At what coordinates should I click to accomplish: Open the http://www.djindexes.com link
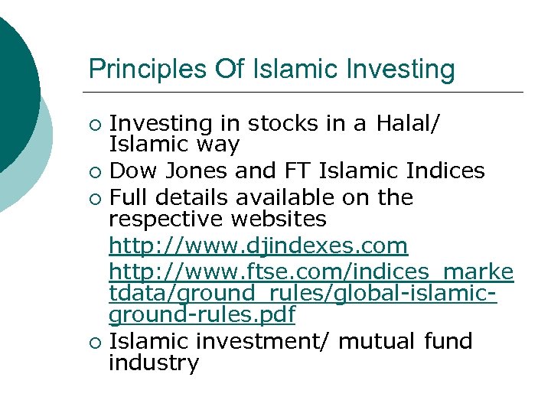259,246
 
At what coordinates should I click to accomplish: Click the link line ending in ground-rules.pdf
202,314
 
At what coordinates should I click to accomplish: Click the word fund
449,341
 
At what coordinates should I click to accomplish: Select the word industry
154,363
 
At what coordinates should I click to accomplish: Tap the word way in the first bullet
218,145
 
